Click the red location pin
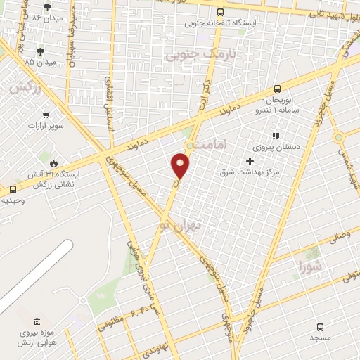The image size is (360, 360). click(181, 165)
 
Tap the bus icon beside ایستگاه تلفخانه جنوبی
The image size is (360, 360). click(221, 12)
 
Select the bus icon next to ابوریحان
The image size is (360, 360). click(277, 89)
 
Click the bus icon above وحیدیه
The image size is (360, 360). click(13, 188)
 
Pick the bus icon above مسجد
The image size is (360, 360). click(320, 327)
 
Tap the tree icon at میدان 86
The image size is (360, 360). click(47, 8)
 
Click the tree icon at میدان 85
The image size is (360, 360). click(40, 51)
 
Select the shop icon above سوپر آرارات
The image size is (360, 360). click(46, 115)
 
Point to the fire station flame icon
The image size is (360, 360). click(51, 161)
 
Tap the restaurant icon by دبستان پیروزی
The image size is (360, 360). click(276, 135)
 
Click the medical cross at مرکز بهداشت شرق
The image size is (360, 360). click(249, 161)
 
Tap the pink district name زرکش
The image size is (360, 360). click(23, 87)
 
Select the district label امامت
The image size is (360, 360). click(212, 143)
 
